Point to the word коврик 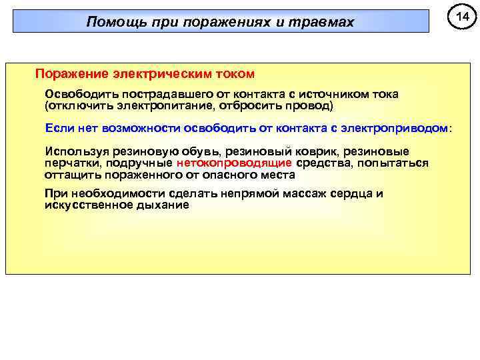tap(307, 151)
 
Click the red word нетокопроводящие tap(234, 163)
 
